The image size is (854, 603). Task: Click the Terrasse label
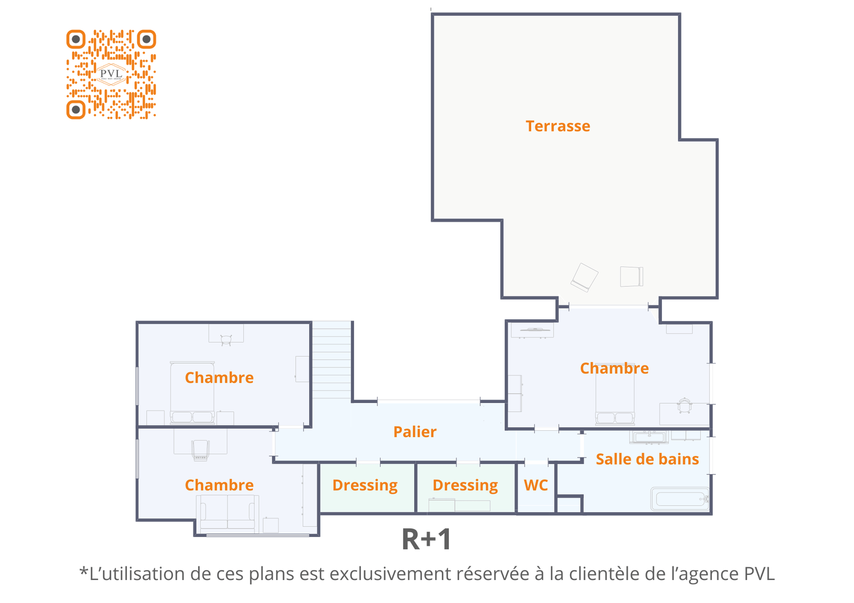pos(558,126)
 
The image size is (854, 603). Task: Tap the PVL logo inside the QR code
pos(111,74)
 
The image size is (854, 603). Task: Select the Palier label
pos(415,432)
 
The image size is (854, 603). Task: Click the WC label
pos(536,485)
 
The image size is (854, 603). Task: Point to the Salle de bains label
pos(647,459)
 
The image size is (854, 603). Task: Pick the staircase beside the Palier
pos(331,360)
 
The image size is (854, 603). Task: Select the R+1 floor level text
pos(426,540)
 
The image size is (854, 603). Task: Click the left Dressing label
pos(365,485)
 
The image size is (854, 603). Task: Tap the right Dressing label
pos(465,485)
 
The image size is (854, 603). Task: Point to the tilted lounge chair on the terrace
pos(584,277)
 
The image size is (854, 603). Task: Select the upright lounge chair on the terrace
pos(631,277)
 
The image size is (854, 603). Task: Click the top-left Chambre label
pos(219,377)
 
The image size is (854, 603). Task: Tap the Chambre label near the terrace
pos(614,368)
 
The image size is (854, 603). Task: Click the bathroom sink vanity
pos(649,437)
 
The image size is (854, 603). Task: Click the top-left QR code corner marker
pos(76,39)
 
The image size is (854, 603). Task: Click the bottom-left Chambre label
pos(219,485)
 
